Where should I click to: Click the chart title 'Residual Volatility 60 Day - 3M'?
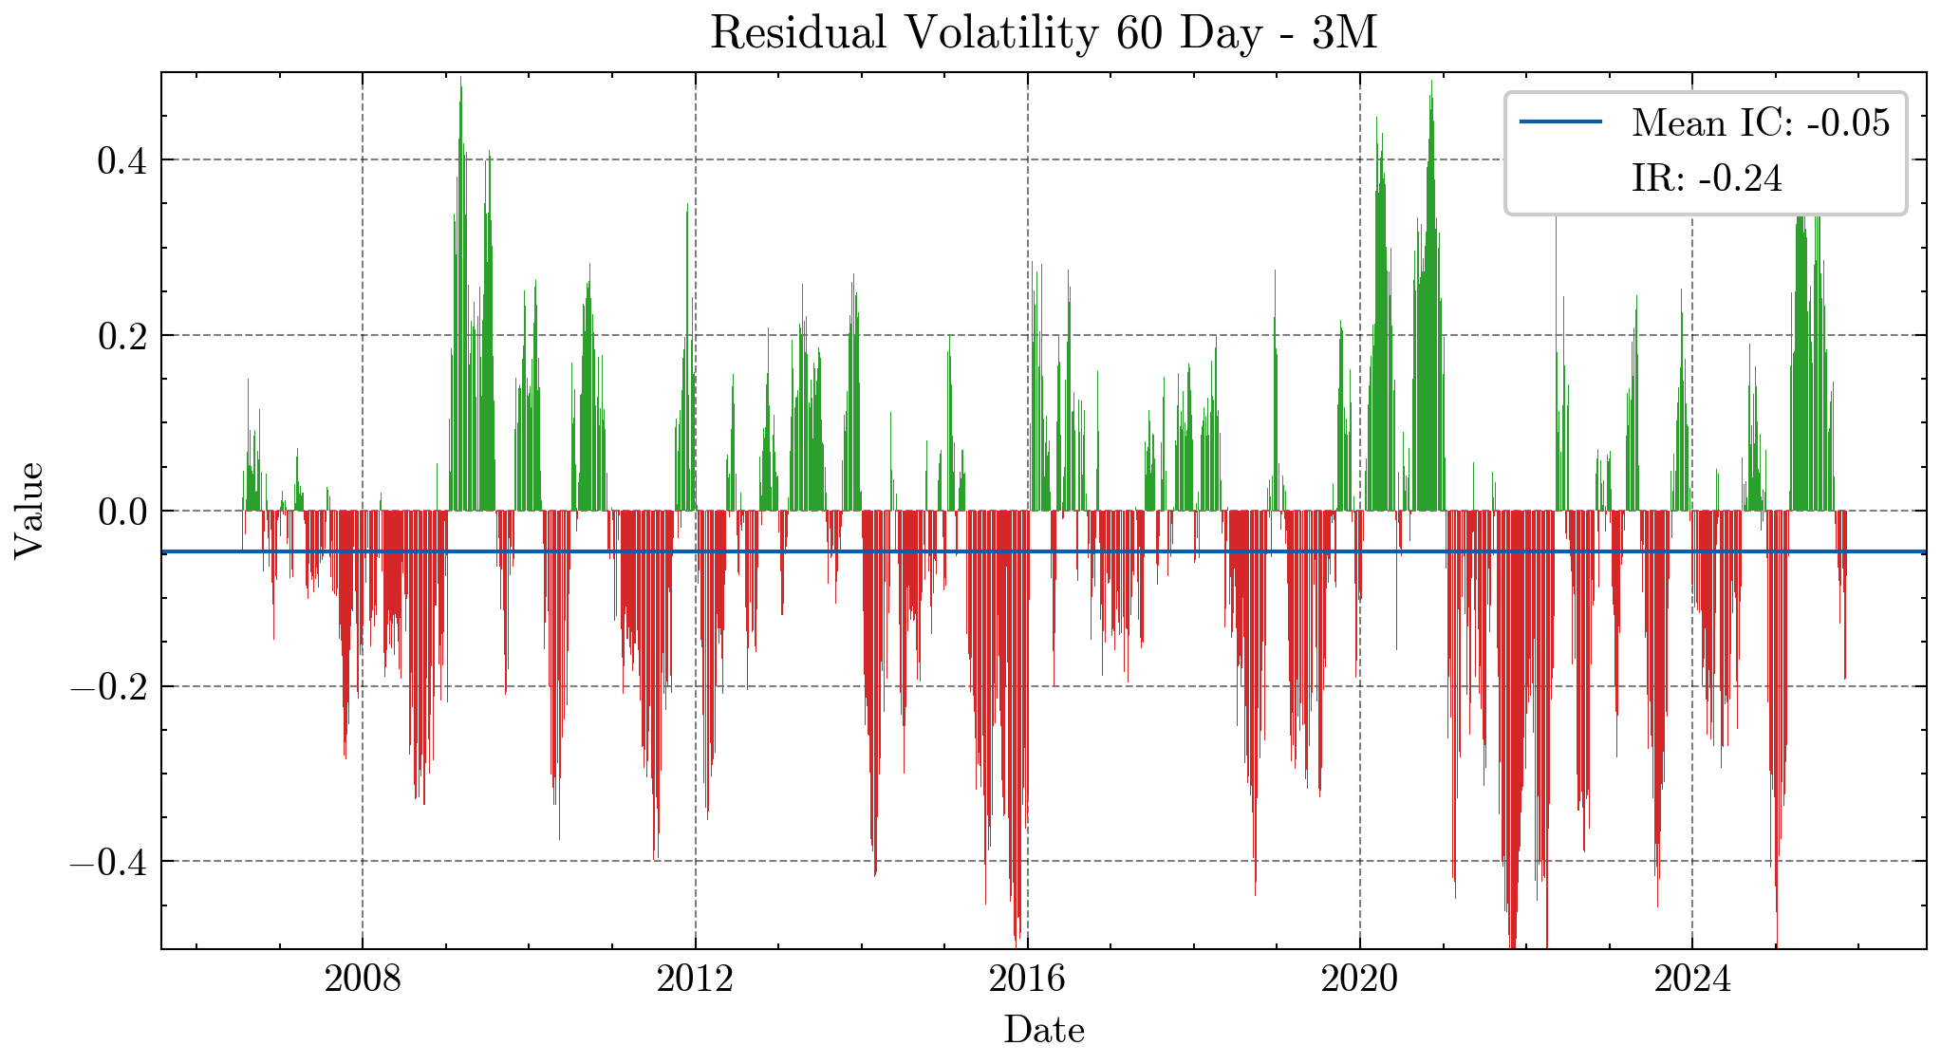[x=1043, y=34]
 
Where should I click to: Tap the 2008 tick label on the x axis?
[x=363, y=979]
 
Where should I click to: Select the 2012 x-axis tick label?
[x=695, y=979]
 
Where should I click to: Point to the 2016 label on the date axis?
[x=1027, y=979]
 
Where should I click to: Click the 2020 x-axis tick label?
[x=1359, y=979]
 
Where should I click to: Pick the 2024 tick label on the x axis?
[x=1692, y=979]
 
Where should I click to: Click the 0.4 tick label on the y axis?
[x=122, y=160]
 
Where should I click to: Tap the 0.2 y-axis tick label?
[x=122, y=336]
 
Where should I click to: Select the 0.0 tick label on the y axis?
[x=122, y=512]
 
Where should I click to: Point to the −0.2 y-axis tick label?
[x=110, y=686]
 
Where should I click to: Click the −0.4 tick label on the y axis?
[x=110, y=862]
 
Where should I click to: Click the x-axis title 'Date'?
[x=1043, y=1030]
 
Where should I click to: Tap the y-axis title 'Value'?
[x=28, y=511]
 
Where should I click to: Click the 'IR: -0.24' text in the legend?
[x=1707, y=178]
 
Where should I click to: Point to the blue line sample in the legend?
[x=1560, y=122]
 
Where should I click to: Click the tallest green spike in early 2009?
[x=460, y=85]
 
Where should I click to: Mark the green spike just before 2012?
[x=687, y=209]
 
